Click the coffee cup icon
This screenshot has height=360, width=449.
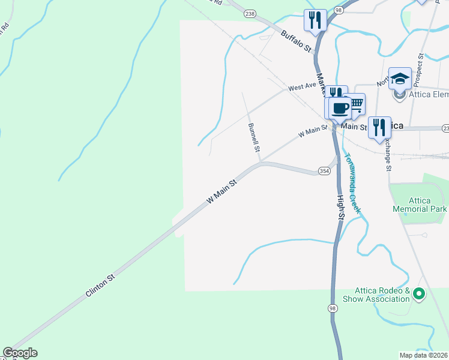click(340, 108)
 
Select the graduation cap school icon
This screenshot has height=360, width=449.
click(400, 77)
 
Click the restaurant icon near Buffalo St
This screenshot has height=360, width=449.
click(315, 19)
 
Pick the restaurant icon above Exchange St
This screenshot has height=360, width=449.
click(379, 127)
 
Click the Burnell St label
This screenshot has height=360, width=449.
click(255, 137)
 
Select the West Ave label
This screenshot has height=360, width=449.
click(302, 87)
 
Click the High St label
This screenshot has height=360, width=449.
click(340, 206)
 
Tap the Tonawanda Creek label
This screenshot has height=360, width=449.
click(352, 184)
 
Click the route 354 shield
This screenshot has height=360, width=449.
click(324, 171)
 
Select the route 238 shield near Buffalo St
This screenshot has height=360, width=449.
click(250, 13)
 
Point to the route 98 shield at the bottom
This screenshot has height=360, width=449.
click(332, 308)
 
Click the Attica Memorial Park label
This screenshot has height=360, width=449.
click(420, 205)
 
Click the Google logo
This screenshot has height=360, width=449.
click(20, 353)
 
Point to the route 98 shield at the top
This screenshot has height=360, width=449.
click(339, 11)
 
